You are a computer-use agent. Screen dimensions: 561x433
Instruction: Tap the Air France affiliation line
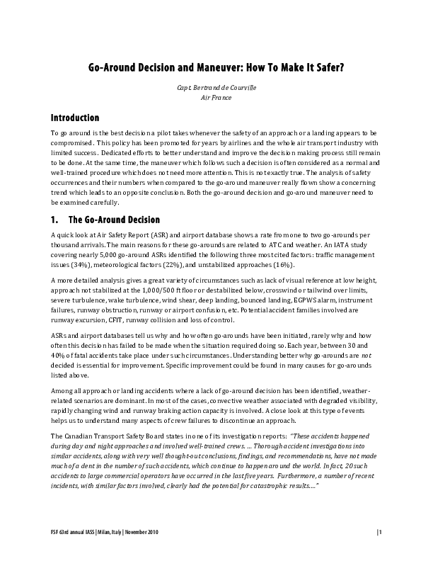[x=216, y=97]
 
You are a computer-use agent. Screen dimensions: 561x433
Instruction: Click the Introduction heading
[x=75, y=117]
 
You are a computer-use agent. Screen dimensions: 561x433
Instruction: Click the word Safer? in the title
[x=326, y=69]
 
